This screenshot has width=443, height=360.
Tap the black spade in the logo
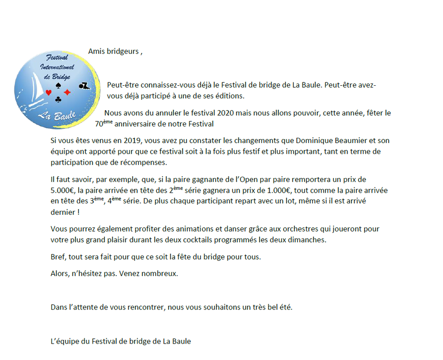tap(58, 86)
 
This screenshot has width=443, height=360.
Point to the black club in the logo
tap(58, 99)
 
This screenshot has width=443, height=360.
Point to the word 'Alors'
tap(60, 273)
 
